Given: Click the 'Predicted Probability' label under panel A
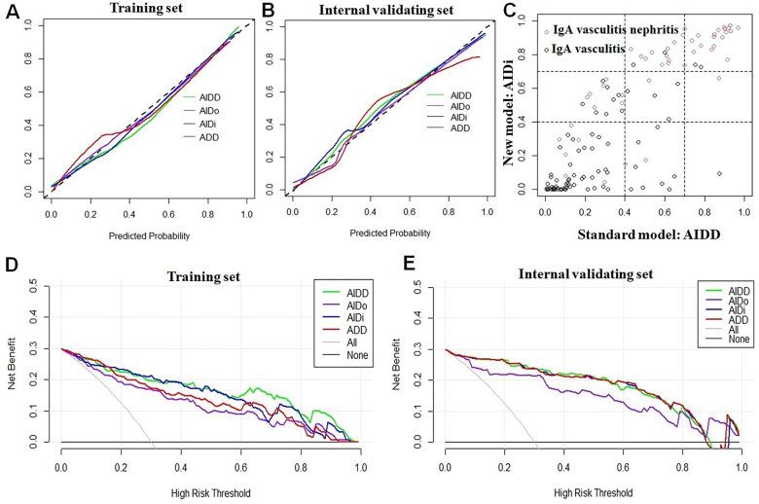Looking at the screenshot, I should click(x=146, y=234).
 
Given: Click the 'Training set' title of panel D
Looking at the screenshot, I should click(x=193, y=276).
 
